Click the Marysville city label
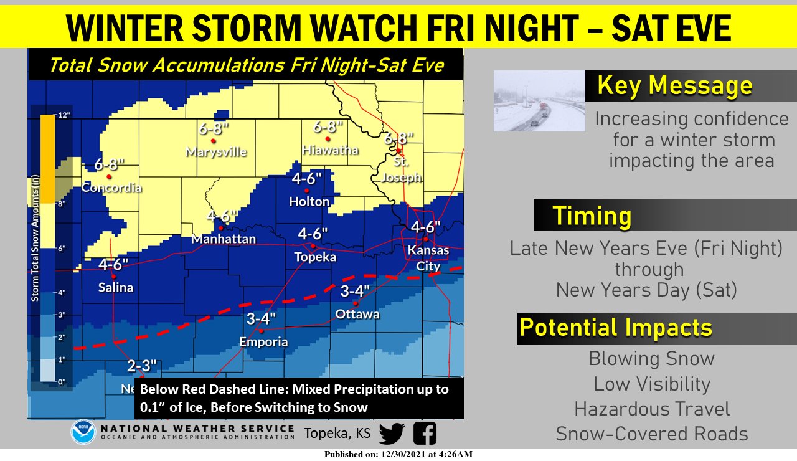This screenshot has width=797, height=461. (217, 152)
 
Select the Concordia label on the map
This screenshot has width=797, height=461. (111, 188)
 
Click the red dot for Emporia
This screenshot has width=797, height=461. (262, 330)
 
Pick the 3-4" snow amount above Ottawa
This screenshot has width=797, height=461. (356, 291)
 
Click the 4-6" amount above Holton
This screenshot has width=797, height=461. (307, 179)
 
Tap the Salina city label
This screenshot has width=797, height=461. (116, 287)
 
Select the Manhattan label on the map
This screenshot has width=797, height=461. (224, 239)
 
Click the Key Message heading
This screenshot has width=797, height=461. (675, 85)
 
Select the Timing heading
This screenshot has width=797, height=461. (592, 216)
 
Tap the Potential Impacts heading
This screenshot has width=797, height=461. (616, 328)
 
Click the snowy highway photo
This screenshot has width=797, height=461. (539, 100)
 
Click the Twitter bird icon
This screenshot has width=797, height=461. (392, 433)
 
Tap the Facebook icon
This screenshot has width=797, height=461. (425, 433)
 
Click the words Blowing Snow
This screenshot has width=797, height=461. (651, 359)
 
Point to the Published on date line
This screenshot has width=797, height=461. (398, 454)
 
